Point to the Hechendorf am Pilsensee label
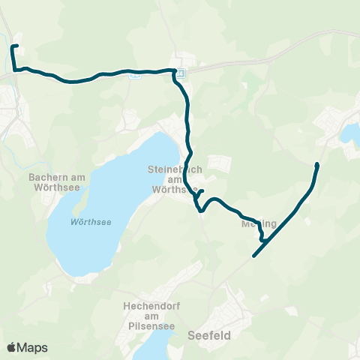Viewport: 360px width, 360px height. point(149,313)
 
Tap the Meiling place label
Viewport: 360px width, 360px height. point(259,223)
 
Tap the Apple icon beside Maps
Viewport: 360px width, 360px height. point(11,347)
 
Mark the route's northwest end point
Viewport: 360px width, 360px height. point(13,46)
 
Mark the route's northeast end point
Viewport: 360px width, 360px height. point(318,164)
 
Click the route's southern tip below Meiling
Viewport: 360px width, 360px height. point(255,256)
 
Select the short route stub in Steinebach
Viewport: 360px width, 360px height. point(200,193)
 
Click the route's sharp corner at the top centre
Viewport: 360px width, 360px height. point(175,70)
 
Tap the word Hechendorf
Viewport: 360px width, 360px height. point(149,305)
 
